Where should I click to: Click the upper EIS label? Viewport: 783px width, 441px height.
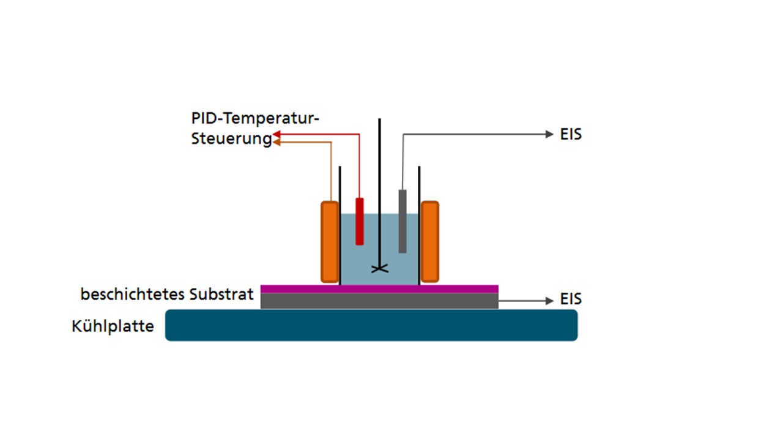tap(571, 134)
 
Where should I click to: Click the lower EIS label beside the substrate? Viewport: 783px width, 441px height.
tap(571, 299)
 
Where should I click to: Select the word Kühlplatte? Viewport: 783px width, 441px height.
tap(113, 326)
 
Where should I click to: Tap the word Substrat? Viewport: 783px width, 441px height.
tap(221, 295)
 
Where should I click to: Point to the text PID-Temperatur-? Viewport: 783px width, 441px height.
tap(255, 118)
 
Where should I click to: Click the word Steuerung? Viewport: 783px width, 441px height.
tap(231, 139)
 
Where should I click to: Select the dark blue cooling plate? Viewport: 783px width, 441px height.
tap(371, 325)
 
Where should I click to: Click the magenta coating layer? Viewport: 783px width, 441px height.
tap(379, 289)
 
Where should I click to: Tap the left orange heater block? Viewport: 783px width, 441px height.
tap(330, 242)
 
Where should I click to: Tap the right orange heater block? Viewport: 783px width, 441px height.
tap(429, 242)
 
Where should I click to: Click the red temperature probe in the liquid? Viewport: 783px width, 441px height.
tap(360, 222)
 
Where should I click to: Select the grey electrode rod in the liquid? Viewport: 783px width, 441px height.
tap(403, 221)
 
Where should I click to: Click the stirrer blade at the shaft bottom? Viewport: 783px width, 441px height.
tap(380, 269)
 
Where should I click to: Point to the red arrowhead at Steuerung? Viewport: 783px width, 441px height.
tap(276, 134)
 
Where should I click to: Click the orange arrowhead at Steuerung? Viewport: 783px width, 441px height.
tap(276, 142)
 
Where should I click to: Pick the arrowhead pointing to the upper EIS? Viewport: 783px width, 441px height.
tap(549, 134)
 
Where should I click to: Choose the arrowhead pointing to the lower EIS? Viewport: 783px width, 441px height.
tap(549, 301)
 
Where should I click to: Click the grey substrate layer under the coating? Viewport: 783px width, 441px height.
tap(379, 301)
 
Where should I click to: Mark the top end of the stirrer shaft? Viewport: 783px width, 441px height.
tap(380, 119)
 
